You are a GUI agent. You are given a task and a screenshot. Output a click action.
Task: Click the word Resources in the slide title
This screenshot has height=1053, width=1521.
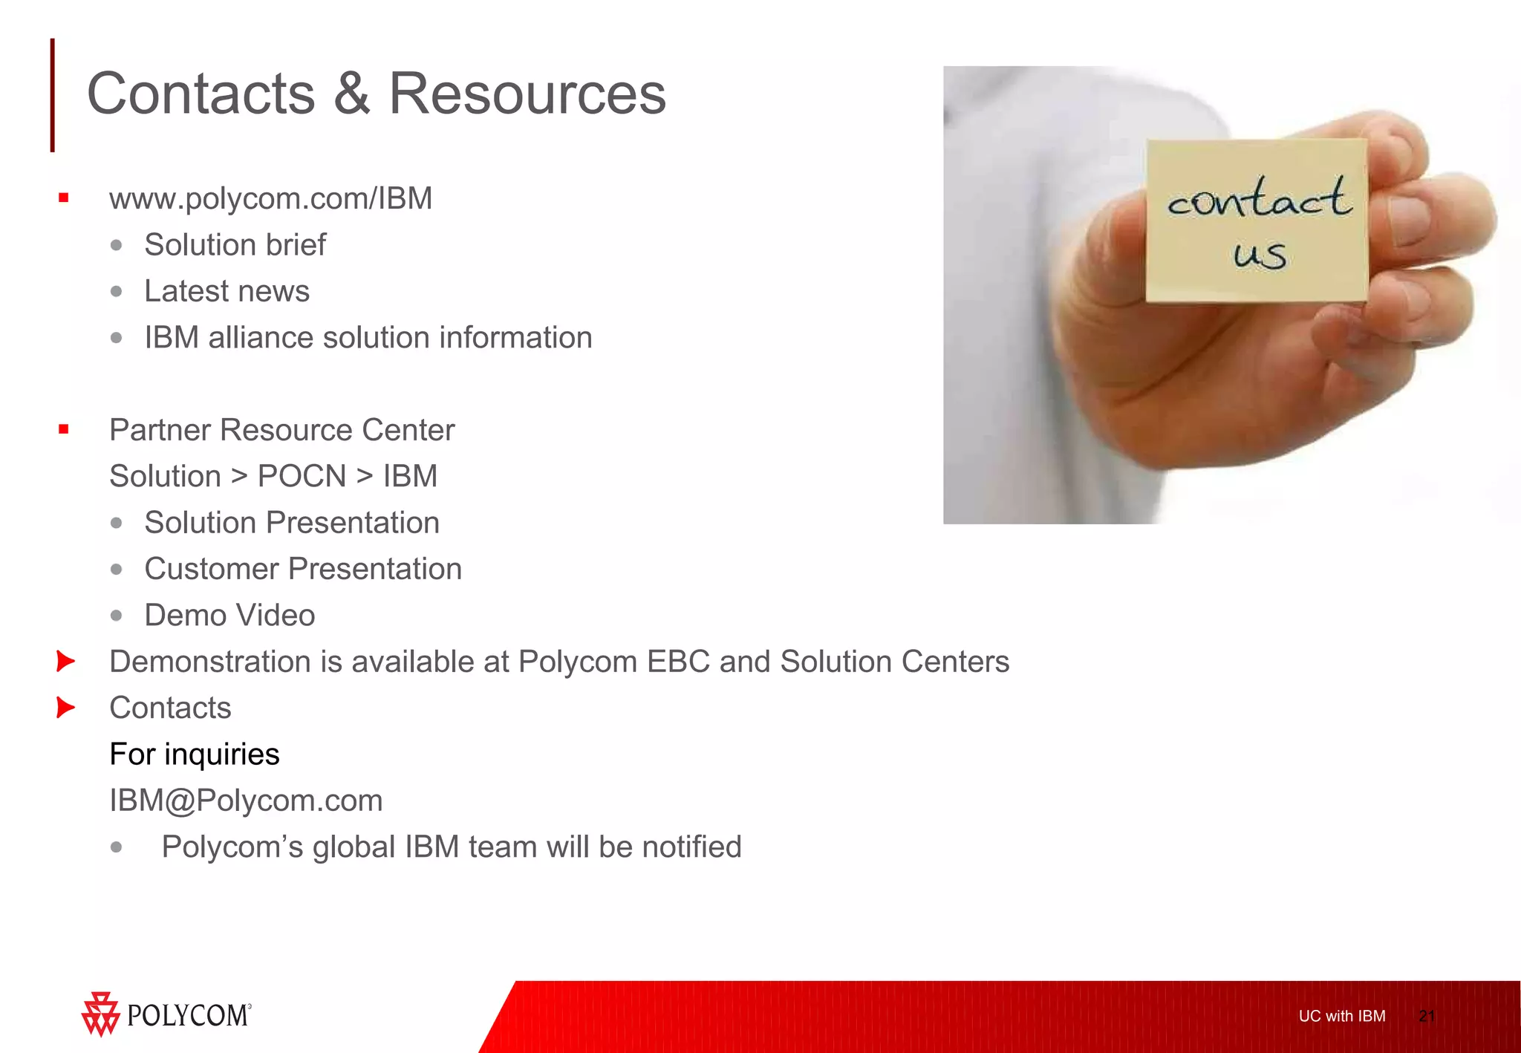(x=527, y=94)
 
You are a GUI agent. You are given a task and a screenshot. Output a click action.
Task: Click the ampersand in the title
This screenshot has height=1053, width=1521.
(x=351, y=94)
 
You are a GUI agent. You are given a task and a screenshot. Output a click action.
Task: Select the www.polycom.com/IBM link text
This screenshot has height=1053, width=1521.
(x=270, y=199)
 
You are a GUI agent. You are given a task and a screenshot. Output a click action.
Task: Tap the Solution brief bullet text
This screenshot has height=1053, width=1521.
(x=235, y=245)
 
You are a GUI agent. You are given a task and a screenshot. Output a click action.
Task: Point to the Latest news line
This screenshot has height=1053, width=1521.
(x=227, y=291)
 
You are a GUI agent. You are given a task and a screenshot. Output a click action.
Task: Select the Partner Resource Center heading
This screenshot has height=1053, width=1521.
(x=281, y=430)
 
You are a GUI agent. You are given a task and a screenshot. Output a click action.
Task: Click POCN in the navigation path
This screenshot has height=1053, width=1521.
(x=302, y=476)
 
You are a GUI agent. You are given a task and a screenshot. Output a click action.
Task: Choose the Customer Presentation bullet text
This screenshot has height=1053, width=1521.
(x=302, y=569)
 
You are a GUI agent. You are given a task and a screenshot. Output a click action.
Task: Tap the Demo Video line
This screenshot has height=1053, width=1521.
(x=229, y=616)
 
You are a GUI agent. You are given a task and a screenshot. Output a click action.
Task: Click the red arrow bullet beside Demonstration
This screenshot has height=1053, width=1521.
(x=65, y=661)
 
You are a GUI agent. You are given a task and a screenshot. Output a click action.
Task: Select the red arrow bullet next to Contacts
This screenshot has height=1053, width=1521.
(x=65, y=708)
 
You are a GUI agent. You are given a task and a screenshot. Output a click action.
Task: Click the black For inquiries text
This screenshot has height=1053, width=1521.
(x=195, y=754)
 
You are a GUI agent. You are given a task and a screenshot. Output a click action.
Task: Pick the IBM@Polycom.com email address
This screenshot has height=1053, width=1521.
(x=246, y=801)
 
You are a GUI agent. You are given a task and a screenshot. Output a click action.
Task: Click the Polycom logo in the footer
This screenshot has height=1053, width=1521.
(x=166, y=1014)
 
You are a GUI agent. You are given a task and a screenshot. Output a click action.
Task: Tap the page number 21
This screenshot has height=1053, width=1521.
(x=1426, y=1016)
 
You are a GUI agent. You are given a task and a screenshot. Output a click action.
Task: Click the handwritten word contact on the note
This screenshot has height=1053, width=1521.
(x=1259, y=198)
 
